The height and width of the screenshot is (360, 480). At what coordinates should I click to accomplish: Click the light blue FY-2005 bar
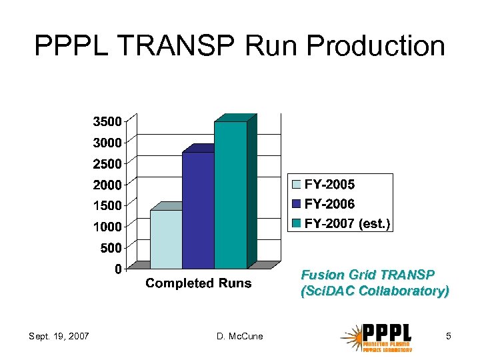coord(166,239)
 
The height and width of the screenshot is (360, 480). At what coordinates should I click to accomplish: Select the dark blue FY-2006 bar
coord(198,210)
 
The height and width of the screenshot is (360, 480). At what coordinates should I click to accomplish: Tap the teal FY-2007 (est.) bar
coord(230,195)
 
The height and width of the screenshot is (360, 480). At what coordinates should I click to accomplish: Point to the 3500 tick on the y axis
coord(107,122)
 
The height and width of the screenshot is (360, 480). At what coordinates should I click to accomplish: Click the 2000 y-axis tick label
coord(107,184)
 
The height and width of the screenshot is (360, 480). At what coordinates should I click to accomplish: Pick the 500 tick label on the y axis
coord(110,248)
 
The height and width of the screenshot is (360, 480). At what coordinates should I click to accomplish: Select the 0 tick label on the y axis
coord(117,269)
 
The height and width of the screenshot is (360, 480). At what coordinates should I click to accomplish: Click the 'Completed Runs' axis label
coord(199,283)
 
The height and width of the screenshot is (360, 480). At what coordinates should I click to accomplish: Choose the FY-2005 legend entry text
coord(329,185)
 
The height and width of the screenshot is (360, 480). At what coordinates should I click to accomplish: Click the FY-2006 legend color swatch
coord(297,204)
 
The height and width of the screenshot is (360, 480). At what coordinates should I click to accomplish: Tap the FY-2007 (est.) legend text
coord(347,224)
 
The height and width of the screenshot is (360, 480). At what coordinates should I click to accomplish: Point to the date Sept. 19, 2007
coord(59,336)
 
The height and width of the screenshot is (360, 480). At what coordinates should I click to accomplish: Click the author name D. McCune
coord(240,336)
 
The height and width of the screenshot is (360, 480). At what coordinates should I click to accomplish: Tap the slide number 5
coord(449,336)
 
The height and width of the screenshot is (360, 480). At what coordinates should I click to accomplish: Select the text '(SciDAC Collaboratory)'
coord(375,291)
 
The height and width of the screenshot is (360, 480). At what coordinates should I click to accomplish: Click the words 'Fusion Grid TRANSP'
coord(368,275)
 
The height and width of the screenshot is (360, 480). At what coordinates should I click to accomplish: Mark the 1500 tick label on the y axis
coord(107,205)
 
